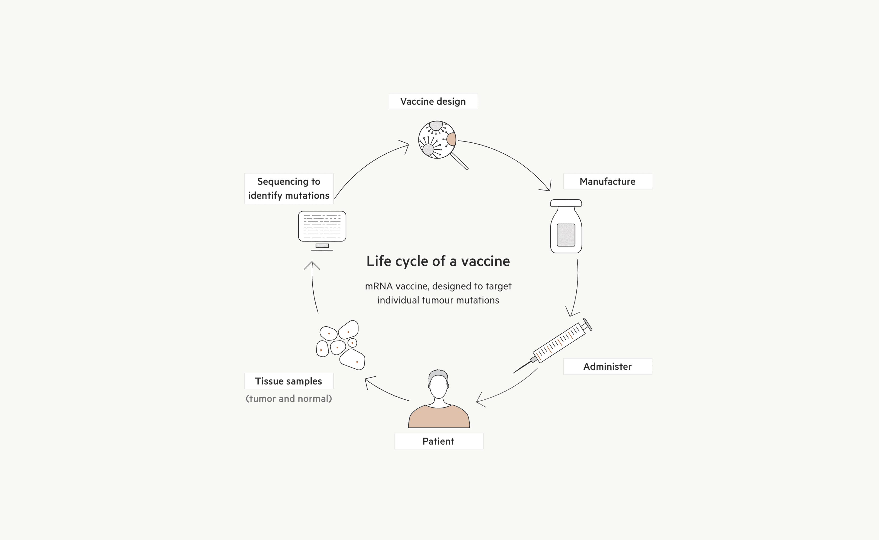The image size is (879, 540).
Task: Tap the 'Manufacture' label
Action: click(x=607, y=181)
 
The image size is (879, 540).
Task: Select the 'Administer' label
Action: click(x=607, y=366)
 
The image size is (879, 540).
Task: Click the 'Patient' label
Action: click(x=438, y=441)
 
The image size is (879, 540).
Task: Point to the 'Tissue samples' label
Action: click(x=288, y=381)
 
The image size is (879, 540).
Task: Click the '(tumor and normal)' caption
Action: click(x=288, y=398)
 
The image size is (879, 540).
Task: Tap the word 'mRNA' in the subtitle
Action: click(x=378, y=286)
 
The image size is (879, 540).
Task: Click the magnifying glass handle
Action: click(x=460, y=161)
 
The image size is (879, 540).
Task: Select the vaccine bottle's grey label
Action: click(x=566, y=235)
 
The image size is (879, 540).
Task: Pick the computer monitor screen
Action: click(x=322, y=226)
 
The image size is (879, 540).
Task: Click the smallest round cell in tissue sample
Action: click(x=352, y=343)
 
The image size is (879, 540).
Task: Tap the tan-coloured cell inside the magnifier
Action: click(x=452, y=139)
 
